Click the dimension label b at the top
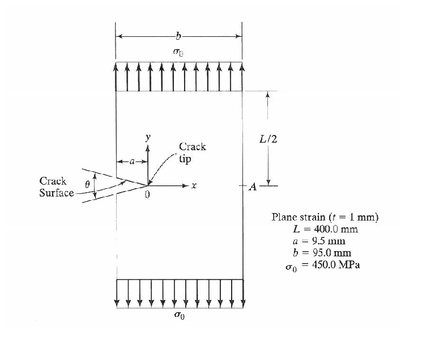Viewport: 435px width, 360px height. point(178,37)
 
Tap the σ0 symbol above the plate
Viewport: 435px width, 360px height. point(178,52)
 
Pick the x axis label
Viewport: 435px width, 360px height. point(194,186)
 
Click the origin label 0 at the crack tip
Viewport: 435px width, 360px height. point(147,194)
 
